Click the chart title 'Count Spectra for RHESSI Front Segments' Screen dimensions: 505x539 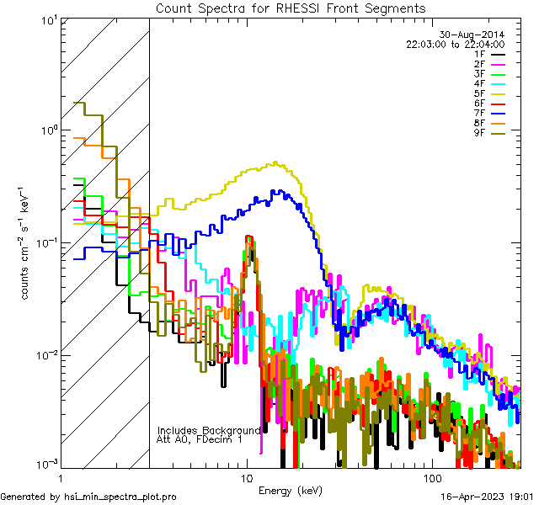click(290, 8)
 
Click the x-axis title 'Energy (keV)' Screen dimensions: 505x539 click(290, 490)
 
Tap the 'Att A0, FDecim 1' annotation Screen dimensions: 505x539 click(199, 439)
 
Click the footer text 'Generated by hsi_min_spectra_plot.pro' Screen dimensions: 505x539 click(88, 497)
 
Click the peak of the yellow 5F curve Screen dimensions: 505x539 click(275, 162)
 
